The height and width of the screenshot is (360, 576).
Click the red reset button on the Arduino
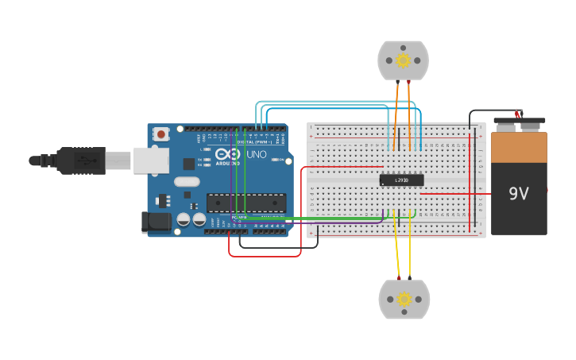point(161,134)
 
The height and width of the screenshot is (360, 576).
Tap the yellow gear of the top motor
point(403,60)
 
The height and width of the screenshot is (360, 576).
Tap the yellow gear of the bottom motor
point(404,300)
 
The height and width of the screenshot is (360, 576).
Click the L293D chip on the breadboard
point(401,180)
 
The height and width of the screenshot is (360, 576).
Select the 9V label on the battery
point(519,193)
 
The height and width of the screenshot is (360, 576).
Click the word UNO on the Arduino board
point(257,154)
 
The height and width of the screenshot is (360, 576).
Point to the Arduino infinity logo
point(227,154)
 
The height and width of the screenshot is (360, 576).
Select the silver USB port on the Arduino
point(150,160)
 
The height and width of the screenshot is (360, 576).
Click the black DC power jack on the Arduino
point(156,223)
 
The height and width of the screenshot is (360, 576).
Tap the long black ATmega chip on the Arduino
point(245,203)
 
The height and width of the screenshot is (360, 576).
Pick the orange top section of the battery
point(519,147)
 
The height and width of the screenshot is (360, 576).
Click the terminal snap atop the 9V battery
point(520,124)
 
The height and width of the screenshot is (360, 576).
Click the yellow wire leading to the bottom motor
point(396,246)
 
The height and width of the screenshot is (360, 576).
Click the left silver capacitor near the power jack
point(184,219)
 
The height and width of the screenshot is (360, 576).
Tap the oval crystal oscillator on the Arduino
point(187,182)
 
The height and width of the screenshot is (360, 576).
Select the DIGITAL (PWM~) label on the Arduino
point(253,141)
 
